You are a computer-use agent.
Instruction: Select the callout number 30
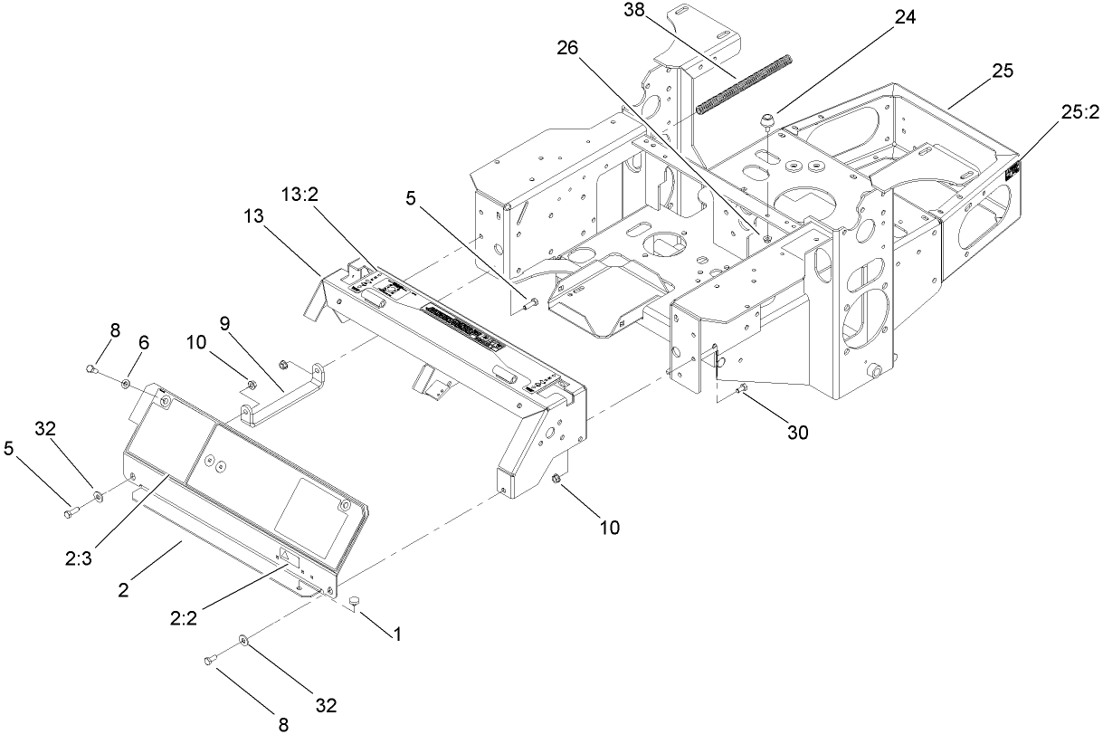(x=796, y=433)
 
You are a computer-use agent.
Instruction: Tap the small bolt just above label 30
(x=743, y=389)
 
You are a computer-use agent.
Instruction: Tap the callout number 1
(x=395, y=634)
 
